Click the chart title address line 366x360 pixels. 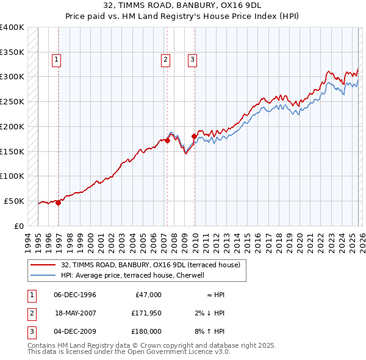[x=182, y=5]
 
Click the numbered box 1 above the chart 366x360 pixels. [x=56, y=59]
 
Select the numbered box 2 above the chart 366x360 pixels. [x=165, y=59]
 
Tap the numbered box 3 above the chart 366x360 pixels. [x=192, y=59]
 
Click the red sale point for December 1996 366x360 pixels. [x=59, y=203]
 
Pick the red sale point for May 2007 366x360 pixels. [x=167, y=140]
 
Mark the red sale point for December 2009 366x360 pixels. [x=194, y=136]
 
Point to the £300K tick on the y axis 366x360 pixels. [x=12, y=76]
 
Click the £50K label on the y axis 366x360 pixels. [x=15, y=201]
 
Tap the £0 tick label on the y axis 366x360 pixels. [x=18, y=226]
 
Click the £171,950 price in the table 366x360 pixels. [x=146, y=313]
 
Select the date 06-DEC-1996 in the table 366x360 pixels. [x=75, y=295]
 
